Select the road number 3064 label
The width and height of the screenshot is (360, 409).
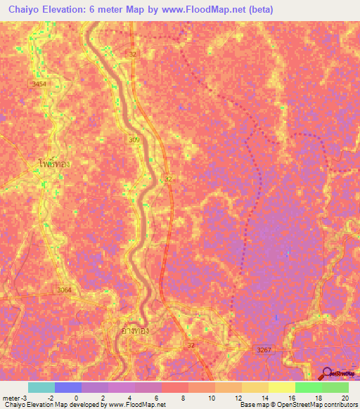click(x=65, y=290)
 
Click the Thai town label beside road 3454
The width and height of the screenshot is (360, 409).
click(x=53, y=163)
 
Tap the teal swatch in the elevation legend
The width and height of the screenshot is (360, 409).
click(x=41, y=387)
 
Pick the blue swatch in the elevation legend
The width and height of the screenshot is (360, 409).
click(x=68, y=387)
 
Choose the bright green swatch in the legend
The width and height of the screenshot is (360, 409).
click(x=308, y=387)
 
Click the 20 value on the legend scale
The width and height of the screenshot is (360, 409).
click(x=345, y=397)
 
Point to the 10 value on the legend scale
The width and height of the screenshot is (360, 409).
click(x=211, y=397)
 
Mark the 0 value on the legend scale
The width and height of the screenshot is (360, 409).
click(x=76, y=397)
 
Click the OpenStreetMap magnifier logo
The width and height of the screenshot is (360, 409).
click(x=327, y=373)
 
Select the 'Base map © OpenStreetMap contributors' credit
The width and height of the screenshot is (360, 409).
click(x=298, y=405)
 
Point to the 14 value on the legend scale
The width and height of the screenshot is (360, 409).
click(x=264, y=397)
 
